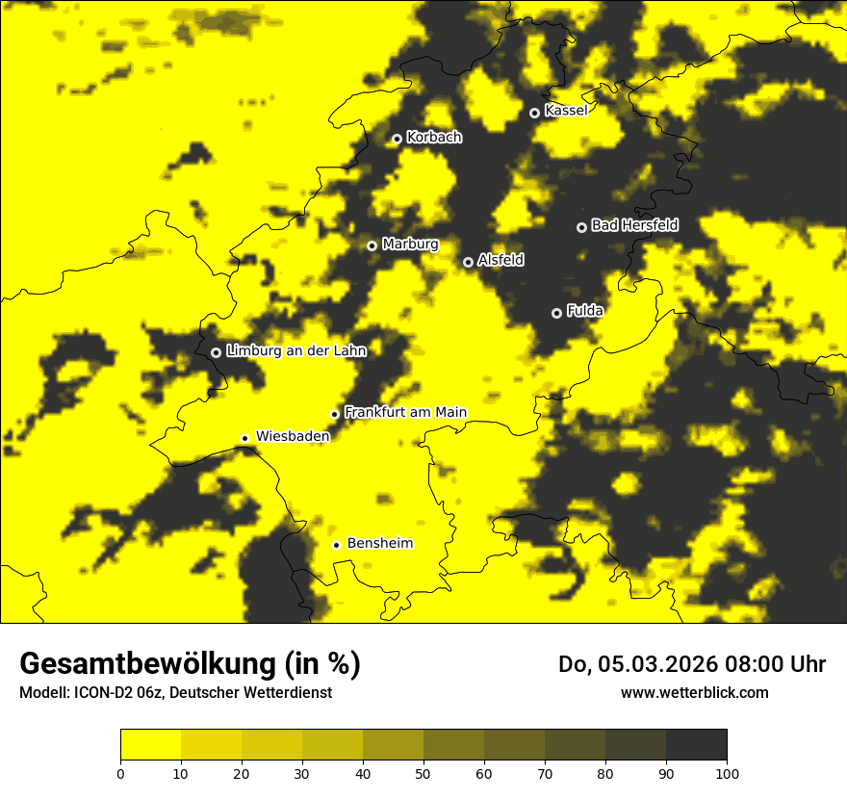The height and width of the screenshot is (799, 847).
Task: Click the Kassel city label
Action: point(566,111)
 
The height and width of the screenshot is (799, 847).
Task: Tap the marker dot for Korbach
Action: point(397,139)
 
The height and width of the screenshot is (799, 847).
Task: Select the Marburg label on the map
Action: point(410,245)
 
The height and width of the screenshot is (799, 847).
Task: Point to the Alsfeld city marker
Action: point(469,262)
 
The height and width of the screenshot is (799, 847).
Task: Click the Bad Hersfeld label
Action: point(634,225)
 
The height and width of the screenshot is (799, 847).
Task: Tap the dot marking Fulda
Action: point(556,313)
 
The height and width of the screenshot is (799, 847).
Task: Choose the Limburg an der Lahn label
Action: point(295,351)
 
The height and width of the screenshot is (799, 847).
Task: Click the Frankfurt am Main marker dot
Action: point(335,414)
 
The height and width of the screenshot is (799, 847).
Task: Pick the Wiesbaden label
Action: point(293,436)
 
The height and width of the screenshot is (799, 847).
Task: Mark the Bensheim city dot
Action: point(337,545)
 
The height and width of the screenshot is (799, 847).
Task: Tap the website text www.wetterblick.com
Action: point(695,692)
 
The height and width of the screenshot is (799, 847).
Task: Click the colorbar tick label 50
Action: point(423,773)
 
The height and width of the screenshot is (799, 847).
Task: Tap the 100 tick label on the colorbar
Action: point(727,773)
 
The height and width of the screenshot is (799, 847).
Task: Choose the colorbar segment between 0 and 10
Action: point(150,744)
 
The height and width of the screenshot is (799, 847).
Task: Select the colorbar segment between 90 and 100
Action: point(697,744)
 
